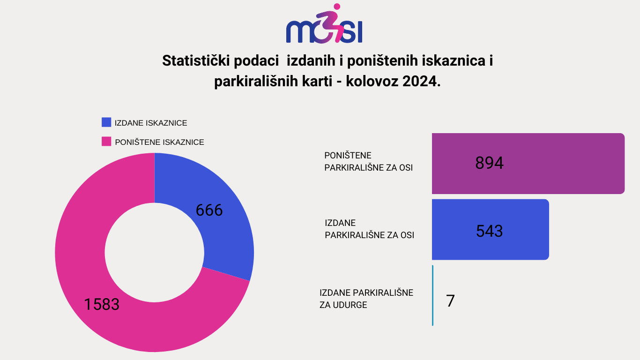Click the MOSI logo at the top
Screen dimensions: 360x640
point(324,25)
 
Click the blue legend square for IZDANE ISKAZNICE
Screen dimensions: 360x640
point(106,122)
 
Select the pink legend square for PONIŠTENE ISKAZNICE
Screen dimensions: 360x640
point(106,141)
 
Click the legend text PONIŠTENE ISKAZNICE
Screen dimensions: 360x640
point(159,142)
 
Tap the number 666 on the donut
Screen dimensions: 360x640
point(209,210)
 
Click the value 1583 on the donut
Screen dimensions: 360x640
point(102,304)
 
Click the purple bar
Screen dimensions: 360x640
point(562,163)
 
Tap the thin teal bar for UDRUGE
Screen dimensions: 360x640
point(432,295)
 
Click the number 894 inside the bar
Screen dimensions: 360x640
point(489,163)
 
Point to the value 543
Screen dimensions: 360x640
point(489,231)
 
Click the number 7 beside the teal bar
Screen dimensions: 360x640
point(450,301)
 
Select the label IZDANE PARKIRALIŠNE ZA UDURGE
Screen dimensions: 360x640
point(366,299)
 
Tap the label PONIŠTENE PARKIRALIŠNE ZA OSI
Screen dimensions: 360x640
point(368,161)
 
